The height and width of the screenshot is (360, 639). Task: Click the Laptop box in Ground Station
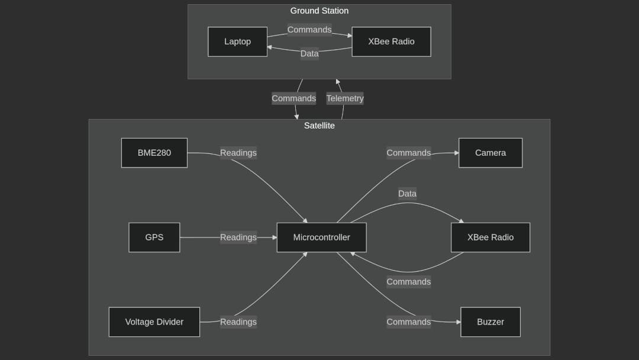pyautogui.click(x=237, y=41)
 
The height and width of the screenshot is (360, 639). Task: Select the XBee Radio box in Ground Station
pyautogui.click(x=391, y=41)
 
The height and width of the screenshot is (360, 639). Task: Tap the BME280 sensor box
pyautogui.click(x=154, y=153)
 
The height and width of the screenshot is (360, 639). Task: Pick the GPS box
pyautogui.click(x=154, y=237)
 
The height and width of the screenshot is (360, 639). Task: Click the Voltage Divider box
pyautogui.click(x=154, y=322)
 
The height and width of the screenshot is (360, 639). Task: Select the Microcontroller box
pyautogui.click(x=321, y=237)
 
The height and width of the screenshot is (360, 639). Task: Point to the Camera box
pyautogui.click(x=490, y=153)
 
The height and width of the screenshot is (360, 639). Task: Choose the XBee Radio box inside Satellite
pyautogui.click(x=490, y=237)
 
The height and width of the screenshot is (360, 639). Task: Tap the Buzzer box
pyautogui.click(x=490, y=322)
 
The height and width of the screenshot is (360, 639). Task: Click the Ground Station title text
pyautogui.click(x=319, y=11)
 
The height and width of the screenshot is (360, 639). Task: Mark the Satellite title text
pyautogui.click(x=319, y=126)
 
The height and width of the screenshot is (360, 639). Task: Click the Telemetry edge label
pyautogui.click(x=345, y=98)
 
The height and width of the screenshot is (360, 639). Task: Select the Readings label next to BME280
pyautogui.click(x=238, y=153)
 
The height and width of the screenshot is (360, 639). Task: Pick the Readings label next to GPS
pyautogui.click(x=238, y=237)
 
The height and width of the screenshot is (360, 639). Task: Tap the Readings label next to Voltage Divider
pyautogui.click(x=238, y=322)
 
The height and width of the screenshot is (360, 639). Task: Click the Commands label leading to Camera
pyautogui.click(x=408, y=153)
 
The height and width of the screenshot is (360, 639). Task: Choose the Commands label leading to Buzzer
pyautogui.click(x=408, y=322)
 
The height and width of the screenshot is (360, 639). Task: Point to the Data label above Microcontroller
pyautogui.click(x=407, y=194)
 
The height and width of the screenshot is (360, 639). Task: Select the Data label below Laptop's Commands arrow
pyautogui.click(x=309, y=53)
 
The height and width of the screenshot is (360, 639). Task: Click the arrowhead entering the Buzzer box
pyautogui.click(x=458, y=322)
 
